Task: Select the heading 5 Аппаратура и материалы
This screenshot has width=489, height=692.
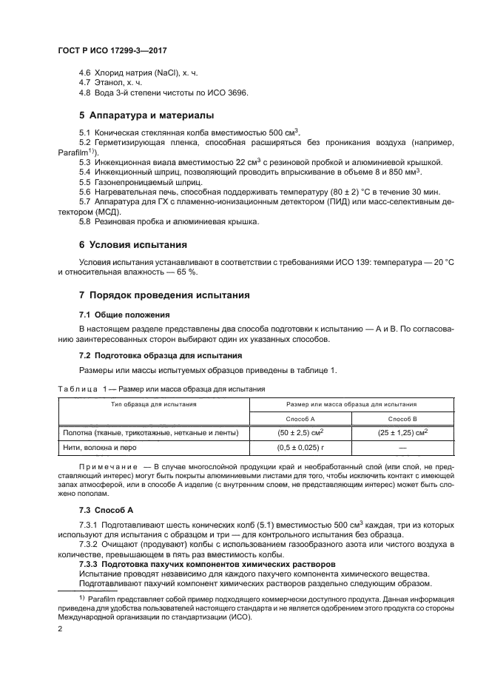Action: [x=146, y=115]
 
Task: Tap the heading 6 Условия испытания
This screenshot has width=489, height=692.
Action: [x=132, y=244]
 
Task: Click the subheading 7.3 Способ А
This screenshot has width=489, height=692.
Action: [x=106, y=510]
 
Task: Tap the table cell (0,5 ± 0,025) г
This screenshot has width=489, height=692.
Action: [x=301, y=448]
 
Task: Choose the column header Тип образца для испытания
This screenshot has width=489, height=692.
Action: [x=154, y=404]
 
